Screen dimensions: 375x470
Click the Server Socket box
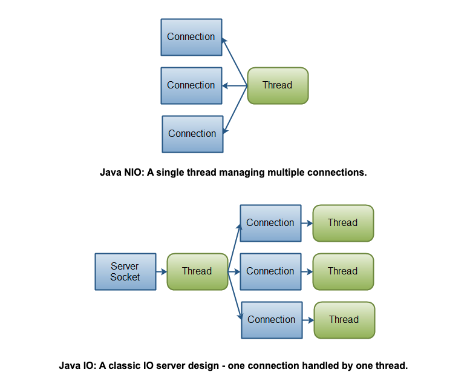click(x=125, y=271)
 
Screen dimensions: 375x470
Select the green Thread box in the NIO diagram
click(x=278, y=85)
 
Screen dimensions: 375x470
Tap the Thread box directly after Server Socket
click(x=197, y=271)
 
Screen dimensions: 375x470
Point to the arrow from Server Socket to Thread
click(x=161, y=271)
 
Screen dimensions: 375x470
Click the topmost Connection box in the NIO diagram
click(x=191, y=37)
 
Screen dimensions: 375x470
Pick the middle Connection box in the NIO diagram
click(x=191, y=85)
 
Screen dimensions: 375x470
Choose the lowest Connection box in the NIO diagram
click(x=192, y=134)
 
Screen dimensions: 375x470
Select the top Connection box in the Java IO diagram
click(x=270, y=223)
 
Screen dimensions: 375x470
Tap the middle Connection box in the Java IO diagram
click(x=270, y=271)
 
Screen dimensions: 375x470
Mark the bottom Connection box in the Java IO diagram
click(x=272, y=320)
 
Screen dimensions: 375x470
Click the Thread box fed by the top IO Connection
click(x=343, y=223)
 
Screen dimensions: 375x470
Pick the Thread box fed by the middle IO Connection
click(x=343, y=271)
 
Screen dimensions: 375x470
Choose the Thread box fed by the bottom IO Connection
click(x=344, y=320)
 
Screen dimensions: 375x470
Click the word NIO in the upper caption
click(x=131, y=173)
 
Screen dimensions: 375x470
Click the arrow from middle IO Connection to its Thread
click(x=307, y=271)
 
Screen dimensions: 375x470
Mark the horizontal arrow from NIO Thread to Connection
click(x=235, y=85)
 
